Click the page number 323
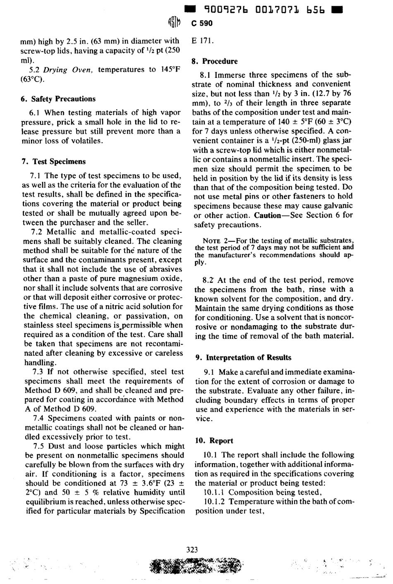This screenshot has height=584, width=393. point(192,550)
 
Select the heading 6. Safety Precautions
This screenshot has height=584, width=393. point(58,99)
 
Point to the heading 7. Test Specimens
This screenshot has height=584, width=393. point(54,162)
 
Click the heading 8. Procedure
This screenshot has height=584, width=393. point(214,61)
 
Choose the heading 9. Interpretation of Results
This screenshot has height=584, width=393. point(243,358)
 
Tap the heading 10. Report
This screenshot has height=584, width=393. point(214,441)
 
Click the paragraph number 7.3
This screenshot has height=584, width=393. point(41,371)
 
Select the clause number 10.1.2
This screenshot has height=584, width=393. point(214,502)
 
